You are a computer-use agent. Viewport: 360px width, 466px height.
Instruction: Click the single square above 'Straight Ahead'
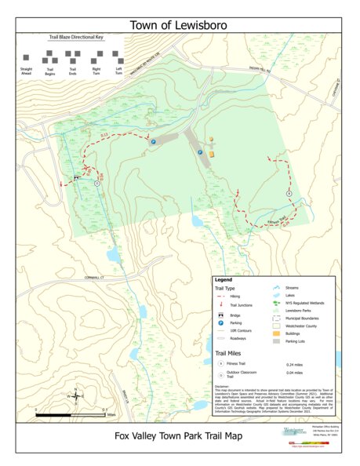[x=25, y=57]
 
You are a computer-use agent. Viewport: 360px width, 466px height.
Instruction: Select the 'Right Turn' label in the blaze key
[x=96, y=71]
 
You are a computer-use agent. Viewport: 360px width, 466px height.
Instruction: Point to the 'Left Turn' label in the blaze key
[x=119, y=71]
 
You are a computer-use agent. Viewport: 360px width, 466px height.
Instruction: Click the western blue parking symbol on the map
[x=153, y=141]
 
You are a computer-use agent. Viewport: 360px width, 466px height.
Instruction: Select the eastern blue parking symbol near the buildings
[x=200, y=152]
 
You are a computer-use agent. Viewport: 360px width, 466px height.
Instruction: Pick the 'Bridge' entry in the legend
[x=236, y=315]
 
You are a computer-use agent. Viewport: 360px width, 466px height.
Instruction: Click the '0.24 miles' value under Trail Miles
[x=295, y=365]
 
